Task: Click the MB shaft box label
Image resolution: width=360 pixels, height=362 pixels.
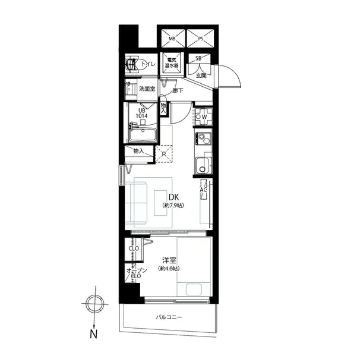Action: pos(172,39)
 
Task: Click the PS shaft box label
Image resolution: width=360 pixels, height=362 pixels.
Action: pos(201,39)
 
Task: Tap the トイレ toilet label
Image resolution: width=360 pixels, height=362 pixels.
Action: pos(149,64)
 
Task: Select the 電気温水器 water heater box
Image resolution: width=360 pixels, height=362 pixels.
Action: pos(172,63)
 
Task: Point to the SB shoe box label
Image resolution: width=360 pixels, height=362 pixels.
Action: pos(198,59)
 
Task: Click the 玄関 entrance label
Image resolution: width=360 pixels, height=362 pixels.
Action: pos(201,75)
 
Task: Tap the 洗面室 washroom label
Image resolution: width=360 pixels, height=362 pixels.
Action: pos(147,89)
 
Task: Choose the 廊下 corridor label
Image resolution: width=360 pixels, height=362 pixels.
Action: pos(178,90)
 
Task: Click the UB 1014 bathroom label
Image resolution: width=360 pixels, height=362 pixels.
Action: pos(141,113)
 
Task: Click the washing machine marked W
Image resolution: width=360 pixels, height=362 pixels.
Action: pos(203,117)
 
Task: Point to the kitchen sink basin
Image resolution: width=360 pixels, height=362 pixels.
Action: pos(203,166)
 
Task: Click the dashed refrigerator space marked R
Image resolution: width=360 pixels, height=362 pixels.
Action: pos(164,154)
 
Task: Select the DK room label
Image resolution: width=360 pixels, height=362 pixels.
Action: pos(174,197)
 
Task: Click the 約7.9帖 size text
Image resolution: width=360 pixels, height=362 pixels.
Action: pos(173,205)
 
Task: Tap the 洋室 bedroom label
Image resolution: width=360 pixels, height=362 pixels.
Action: pos(169,260)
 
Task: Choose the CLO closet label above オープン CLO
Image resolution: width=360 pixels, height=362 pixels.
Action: pos(134,248)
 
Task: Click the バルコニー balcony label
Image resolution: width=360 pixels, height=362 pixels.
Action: pos(169,317)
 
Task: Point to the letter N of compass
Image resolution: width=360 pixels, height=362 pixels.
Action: pos(93,334)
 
